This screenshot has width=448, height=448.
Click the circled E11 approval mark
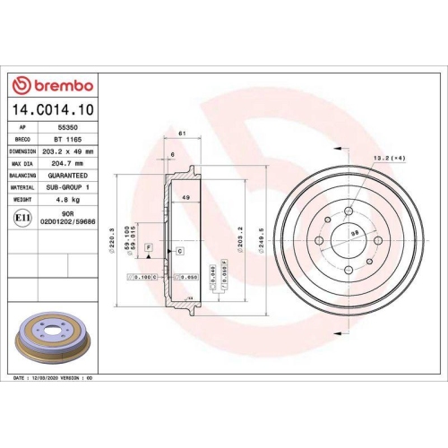click(22, 217)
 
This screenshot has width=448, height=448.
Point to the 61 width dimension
click(182, 133)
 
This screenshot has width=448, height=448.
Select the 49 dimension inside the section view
click(186, 197)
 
